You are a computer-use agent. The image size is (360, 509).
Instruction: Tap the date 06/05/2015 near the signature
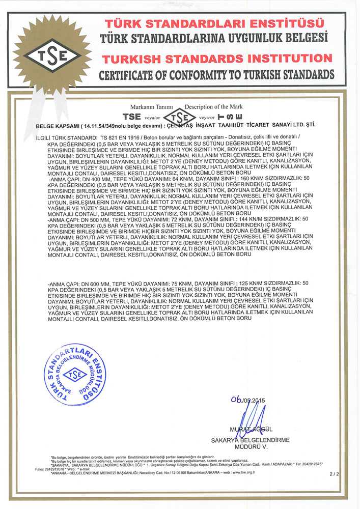[248, 400]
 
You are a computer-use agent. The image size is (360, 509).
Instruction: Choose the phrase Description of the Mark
[214, 107]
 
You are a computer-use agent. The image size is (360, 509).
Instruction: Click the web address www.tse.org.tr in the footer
[241, 473]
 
